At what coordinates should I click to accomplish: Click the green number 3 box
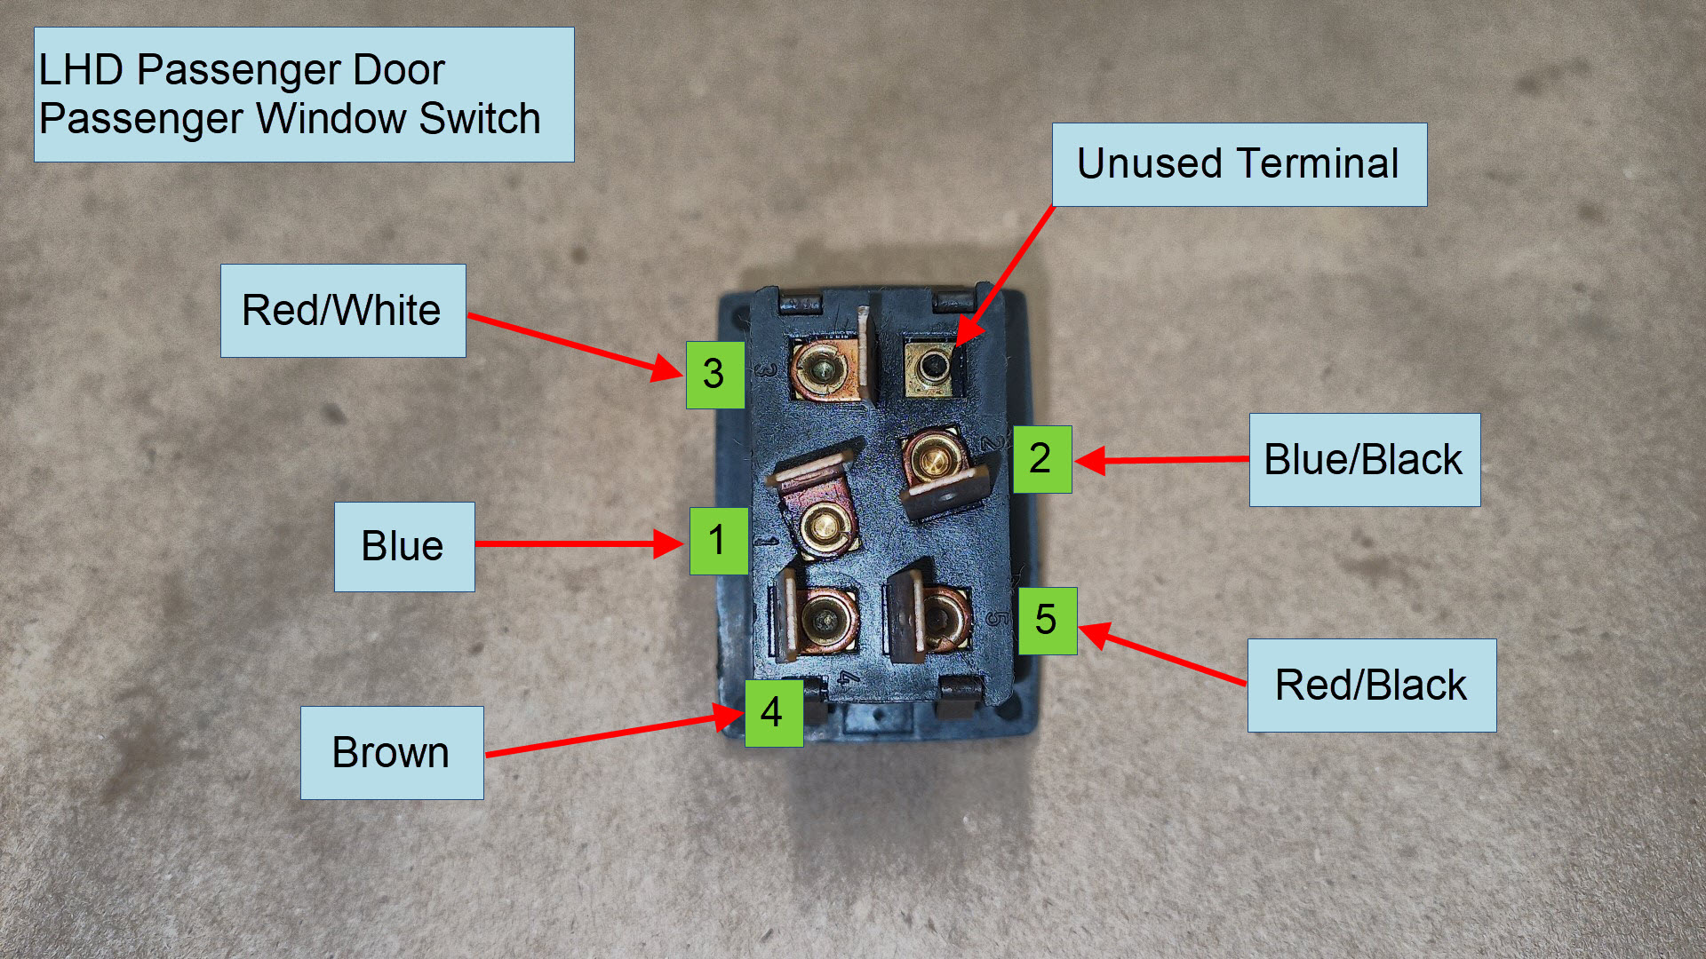(x=714, y=375)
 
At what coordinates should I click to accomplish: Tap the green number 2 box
(x=1041, y=459)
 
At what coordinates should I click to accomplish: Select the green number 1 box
(x=718, y=541)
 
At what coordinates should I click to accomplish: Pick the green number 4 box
(x=773, y=713)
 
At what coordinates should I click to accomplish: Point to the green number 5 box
(x=1047, y=621)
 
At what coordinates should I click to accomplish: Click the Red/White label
(x=342, y=311)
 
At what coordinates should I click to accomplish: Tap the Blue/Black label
(x=1364, y=460)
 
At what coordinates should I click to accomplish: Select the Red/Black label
(x=1371, y=686)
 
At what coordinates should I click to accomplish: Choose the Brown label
(x=391, y=753)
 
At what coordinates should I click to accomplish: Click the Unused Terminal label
(x=1239, y=164)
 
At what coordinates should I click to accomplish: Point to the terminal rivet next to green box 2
(x=933, y=459)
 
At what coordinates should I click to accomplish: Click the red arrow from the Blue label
(x=578, y=543)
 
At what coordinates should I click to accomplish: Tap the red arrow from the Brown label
(x=613, y=733)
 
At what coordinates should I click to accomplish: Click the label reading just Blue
(x=403, y=547)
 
